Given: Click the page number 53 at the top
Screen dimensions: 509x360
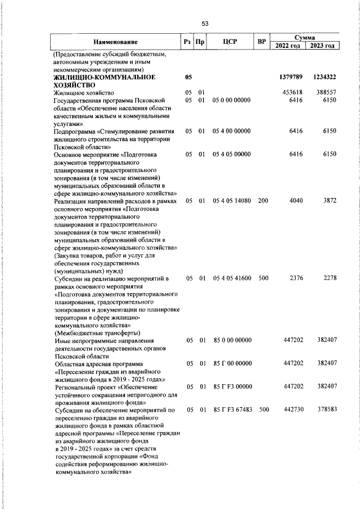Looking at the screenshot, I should point(205,23).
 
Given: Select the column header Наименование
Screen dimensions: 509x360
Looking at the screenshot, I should point(115,42).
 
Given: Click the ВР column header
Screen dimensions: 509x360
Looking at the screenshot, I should point(262,42).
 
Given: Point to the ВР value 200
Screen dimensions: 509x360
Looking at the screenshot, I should point(263,201).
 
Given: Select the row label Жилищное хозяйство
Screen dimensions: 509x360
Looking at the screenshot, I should point(84,92).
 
